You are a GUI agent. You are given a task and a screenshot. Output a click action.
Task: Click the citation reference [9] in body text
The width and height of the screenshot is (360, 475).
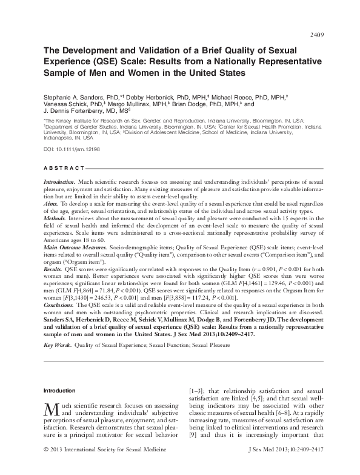[x=193, y=451]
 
